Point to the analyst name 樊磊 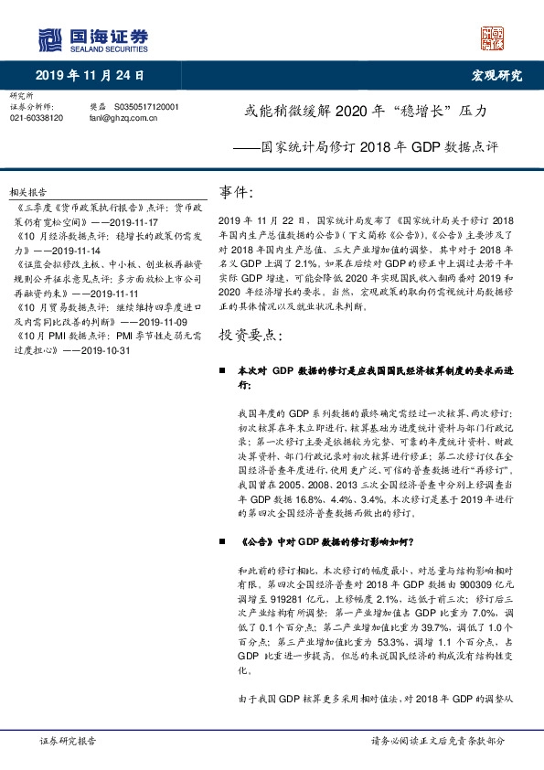(x=98, y=106)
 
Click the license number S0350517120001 (x=148, y=106)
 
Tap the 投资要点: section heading (x=251, y=310)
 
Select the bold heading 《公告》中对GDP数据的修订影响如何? (x=326, y=541)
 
